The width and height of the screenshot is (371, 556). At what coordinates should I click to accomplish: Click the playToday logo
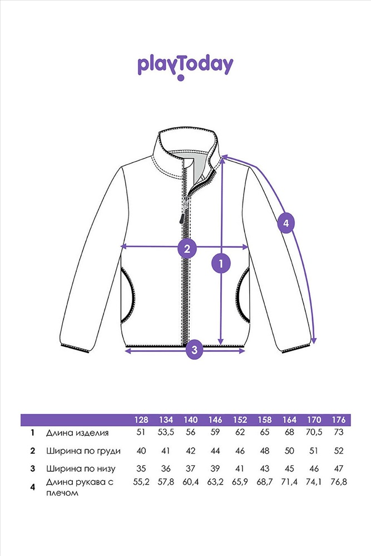coord(185,67)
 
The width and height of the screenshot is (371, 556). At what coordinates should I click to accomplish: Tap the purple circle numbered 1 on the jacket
coord(221,264)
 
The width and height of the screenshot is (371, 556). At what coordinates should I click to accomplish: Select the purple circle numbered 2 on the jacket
coord(187,248)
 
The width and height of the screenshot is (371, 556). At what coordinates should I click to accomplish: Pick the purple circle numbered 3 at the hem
coord(194,350)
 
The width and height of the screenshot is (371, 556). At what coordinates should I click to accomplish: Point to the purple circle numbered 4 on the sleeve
coord(286,223)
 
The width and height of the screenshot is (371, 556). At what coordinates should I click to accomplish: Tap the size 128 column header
coord(141,420)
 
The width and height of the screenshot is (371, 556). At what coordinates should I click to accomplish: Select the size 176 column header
coord(339,420)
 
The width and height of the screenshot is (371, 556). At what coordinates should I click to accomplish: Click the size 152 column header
coord(240,420)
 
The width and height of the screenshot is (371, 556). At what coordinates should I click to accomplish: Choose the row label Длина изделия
coord(77,433)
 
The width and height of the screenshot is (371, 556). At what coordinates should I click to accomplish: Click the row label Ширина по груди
coord(83,451)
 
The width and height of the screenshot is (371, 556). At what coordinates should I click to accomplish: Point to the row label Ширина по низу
coord(81,469)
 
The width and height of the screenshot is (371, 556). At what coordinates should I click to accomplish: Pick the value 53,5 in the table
coord(166,432)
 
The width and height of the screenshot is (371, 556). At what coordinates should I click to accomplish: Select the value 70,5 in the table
coord(314,432)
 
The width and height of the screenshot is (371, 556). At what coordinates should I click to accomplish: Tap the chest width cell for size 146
coord(215,451)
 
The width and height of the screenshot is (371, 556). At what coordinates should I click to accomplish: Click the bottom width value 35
coord(141,468)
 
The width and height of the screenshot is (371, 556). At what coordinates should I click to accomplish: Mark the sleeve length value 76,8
coord(339,482)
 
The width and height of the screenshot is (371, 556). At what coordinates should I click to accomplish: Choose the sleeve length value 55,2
coord(141,482)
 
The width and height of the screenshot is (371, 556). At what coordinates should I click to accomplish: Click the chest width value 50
coord(289,451)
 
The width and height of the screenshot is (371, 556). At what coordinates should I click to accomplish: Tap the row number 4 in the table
coord(33,487)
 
